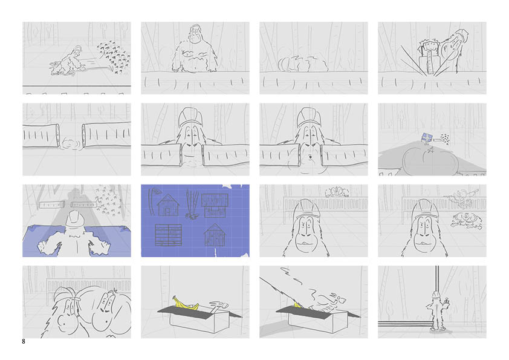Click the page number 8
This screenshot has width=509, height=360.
coord(24,341)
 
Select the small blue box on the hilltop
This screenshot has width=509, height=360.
coord(426,137)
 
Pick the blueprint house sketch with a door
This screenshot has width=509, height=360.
coord(168,205)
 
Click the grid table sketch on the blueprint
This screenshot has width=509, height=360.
coord(168,235)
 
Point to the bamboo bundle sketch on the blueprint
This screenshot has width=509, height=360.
coord(192,204)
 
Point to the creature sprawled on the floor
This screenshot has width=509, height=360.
coord(466,220)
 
